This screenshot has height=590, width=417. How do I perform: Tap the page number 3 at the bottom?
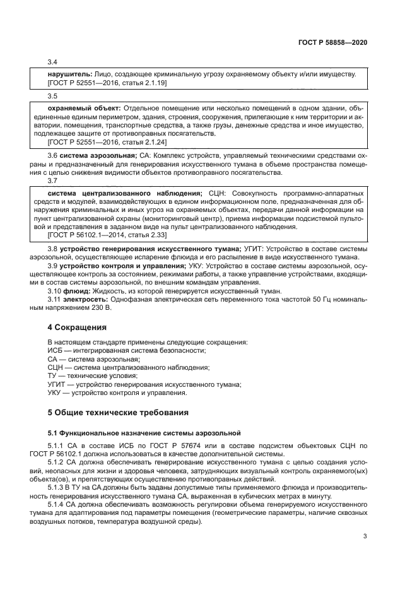[365, 537]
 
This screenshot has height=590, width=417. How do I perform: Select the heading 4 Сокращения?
[78, 327]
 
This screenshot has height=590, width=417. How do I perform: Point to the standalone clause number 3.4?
[53, 62]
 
